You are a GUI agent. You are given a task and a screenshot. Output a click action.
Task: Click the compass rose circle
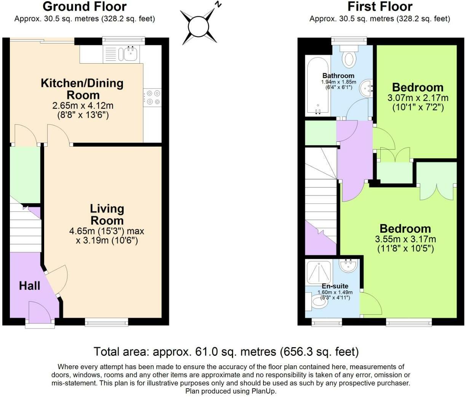coord(198,26)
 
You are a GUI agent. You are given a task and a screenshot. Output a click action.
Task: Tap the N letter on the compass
coord(218,5)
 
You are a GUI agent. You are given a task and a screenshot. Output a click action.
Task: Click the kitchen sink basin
coord(130,54)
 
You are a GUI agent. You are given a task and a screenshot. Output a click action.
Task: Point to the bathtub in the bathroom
coord(318,86)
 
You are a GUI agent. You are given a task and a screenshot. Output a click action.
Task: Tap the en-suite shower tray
coord(319,272)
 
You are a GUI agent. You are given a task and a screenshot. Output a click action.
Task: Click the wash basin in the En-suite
coord(348,266)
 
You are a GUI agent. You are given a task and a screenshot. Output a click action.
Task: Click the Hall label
coord(30,286)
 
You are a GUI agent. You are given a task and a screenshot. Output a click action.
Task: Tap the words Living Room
coord(107,215)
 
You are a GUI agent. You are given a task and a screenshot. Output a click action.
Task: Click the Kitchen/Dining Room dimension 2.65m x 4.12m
coord(83,105)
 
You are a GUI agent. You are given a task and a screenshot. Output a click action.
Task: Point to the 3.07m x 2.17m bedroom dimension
coord(418,98)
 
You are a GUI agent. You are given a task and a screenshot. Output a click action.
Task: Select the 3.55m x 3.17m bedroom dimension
coord(405,239)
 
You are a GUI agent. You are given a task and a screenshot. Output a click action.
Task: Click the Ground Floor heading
coord(85,6)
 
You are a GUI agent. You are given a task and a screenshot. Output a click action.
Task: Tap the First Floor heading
coord(380,6)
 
